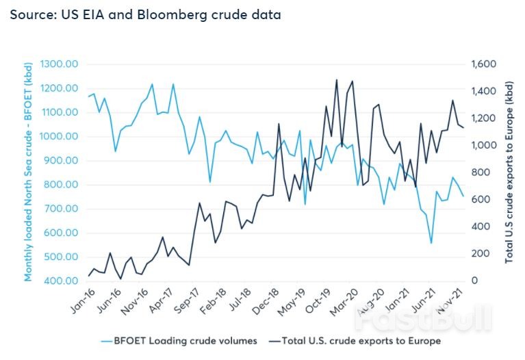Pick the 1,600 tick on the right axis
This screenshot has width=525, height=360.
[x=483, y=64]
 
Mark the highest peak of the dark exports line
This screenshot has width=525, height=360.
[x=337, y=79]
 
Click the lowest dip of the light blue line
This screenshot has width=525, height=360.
[x=431, y=243]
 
